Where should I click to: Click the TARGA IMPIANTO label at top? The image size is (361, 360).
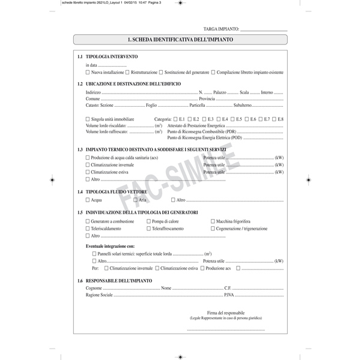tap(220, 29)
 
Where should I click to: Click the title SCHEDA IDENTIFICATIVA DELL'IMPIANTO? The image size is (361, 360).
tap(180, 40)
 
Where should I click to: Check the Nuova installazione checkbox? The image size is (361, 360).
tap(88, 71)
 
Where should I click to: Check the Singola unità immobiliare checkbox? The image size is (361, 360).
tap(88, 119)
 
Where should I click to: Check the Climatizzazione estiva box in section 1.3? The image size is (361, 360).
tap(88, 171)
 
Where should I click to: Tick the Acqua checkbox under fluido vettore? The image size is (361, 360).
tap(88, 199)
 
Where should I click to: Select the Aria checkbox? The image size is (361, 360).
tap(136, 199)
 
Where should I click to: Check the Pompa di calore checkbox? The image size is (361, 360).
tap(148, 221)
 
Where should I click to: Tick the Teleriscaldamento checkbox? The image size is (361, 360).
tap(88, 229)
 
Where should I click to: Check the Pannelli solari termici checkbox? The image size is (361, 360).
tap(94, 254)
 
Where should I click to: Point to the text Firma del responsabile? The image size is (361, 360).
tap(225, 313)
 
